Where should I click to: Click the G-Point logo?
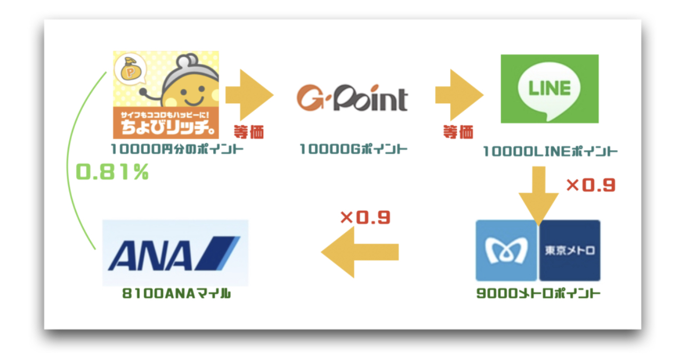[352, 97]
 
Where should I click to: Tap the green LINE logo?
[549, 89]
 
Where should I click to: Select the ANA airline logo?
[175, 253]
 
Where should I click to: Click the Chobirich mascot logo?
[166, 95]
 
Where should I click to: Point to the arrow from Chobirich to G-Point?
[249, 95]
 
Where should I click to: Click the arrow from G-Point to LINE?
[459, 95]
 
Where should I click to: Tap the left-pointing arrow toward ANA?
[360, 252]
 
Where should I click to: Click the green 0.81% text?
[112, 171]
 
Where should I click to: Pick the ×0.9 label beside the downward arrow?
[591, 185]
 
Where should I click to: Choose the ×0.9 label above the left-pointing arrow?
[365, 217]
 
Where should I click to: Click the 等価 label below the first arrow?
[249, 132]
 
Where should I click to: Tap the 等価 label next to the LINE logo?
[458, 132]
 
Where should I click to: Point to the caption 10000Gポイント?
[353, 149]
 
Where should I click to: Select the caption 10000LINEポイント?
[550, 152]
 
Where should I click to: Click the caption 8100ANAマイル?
[176, 293]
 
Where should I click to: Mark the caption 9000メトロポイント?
[538, 293]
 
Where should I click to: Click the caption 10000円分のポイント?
[177, 149]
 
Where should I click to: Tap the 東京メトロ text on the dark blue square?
[570, 250]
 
